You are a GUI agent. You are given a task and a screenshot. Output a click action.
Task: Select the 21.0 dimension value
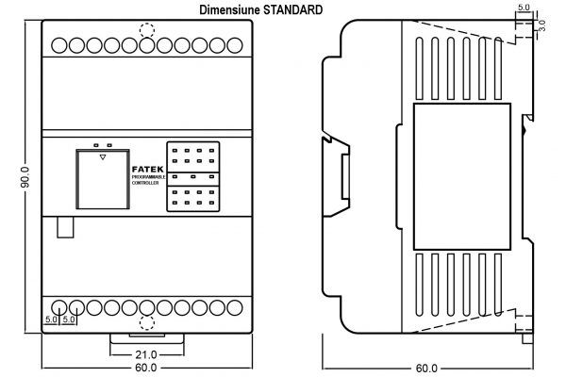[x=145, y=354]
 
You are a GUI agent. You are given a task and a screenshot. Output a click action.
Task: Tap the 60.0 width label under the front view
[x=145, y=368]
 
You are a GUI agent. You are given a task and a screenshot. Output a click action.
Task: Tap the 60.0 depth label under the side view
[x=425, y=368]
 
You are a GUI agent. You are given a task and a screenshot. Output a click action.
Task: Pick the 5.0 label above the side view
[x=524, y=8]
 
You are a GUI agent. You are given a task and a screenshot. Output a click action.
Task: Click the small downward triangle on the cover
[x=101, y=157]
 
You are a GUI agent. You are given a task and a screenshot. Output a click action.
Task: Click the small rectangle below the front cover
[x=65, y=226]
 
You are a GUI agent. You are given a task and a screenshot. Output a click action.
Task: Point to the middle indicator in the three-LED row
[x=193, y=176]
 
